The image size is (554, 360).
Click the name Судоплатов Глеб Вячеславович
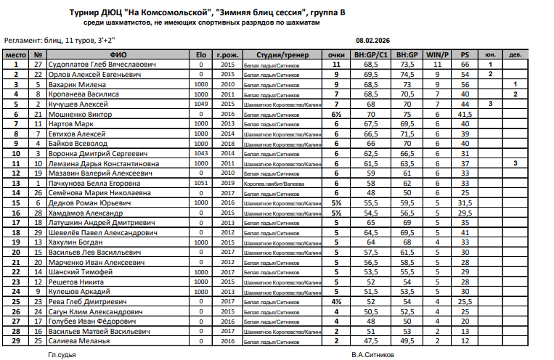coord(102,65)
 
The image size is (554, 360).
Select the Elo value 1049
coord(200,104)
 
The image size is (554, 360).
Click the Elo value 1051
coord(200,184)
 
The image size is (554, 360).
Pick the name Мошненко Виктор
coord(80,114)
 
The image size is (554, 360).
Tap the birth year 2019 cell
coord(228,184)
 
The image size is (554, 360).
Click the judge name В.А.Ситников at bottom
coord(373,355)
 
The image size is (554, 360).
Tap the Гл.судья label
coord(62,355)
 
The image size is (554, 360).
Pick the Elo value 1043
coord(200,154)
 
